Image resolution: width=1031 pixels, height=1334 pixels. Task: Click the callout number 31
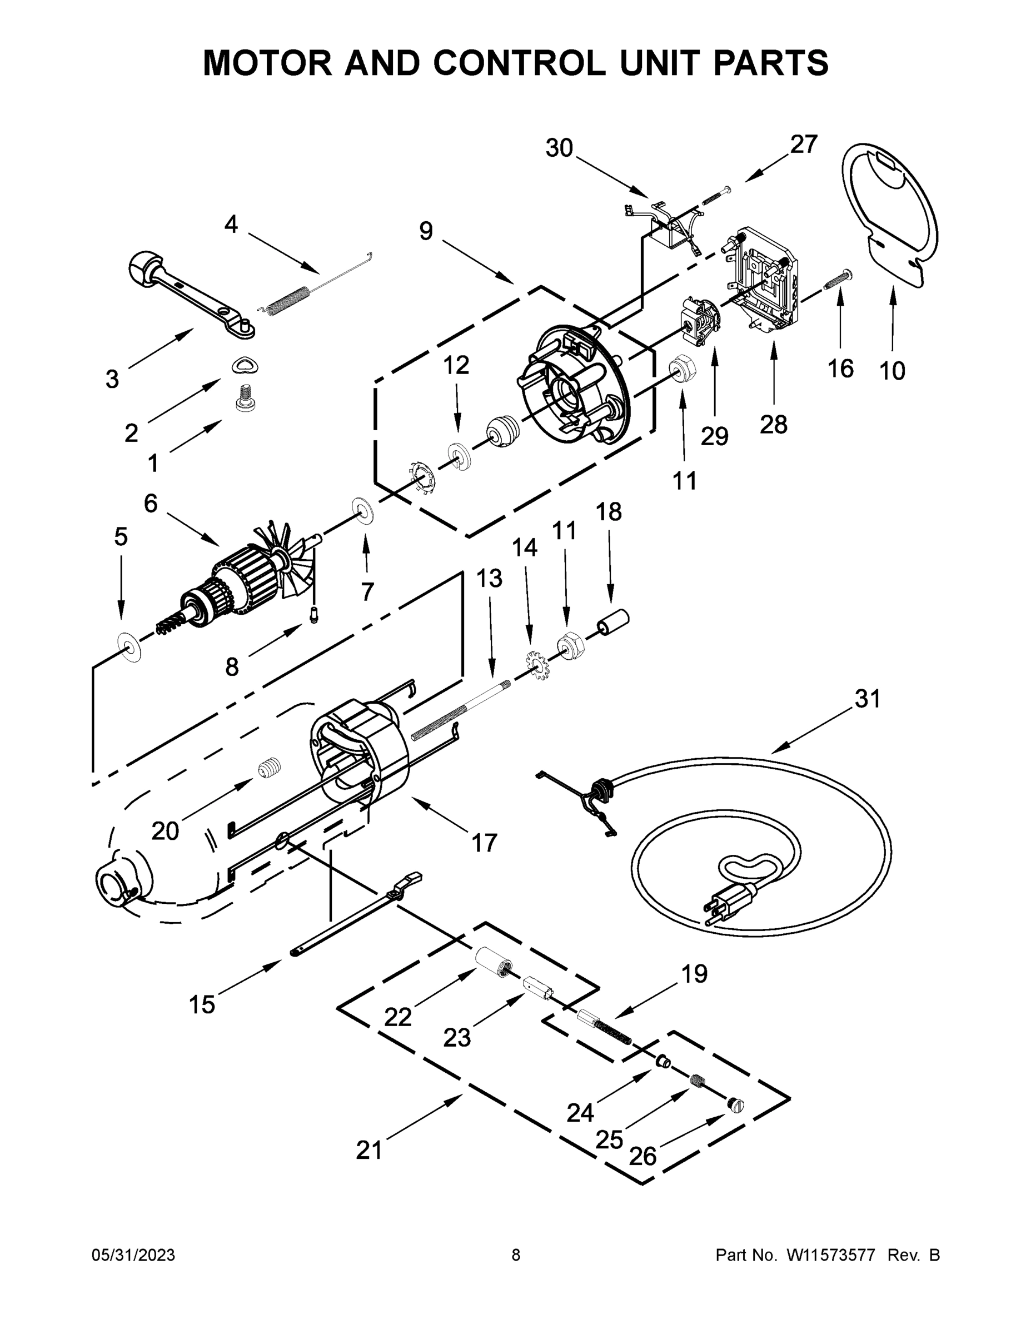point(867,698)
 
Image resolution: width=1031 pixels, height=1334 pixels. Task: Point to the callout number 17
point(484,843)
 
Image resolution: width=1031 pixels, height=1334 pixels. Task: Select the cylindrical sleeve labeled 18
point(612,622)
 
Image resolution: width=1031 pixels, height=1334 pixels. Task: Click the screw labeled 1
point(245,397)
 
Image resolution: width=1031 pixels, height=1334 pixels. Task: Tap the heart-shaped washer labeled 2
point(246,365)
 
